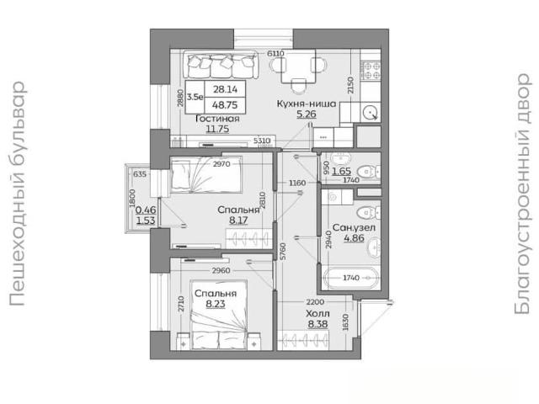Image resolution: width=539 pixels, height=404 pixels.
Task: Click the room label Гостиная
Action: (x=217, y=119)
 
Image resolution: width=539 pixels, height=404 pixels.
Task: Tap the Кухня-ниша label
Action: (x=307, y=104)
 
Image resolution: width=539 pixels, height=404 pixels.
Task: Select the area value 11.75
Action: (x=217, y=129)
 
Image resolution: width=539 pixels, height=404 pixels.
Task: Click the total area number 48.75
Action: (x=225, y=105)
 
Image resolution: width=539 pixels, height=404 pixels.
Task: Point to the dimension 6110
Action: (x=275, y=54)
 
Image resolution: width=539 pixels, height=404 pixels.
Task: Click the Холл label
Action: (x=318, y=314)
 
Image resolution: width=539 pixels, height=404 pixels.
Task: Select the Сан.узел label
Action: (x=354, y=227)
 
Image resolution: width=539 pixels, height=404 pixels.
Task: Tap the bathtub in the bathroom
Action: (x=351, y=277)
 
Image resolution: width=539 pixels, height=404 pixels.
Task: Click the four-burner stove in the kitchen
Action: (x=371, y=70)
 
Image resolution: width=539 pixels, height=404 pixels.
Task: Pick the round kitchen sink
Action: (x=371, y=112)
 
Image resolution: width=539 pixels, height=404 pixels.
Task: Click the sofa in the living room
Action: (x=221, y=65)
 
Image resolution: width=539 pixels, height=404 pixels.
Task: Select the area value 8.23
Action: (x=216, y=304)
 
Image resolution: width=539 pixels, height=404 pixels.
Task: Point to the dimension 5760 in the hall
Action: (x=283, y=251)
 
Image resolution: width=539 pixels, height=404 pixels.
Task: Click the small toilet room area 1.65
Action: (x=341, y=171)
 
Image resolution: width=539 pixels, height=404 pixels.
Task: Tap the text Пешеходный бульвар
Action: (x=17, y=194)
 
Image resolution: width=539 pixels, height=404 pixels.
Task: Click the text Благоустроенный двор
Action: (x=522, y=194)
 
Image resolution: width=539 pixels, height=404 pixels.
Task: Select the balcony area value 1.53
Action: (x=146, y=221)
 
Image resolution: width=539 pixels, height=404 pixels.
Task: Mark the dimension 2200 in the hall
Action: (x=315, y=302)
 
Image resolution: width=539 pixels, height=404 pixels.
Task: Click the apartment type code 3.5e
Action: (x=195, y=97)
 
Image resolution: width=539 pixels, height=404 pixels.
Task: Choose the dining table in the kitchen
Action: (x=298, y=66)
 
